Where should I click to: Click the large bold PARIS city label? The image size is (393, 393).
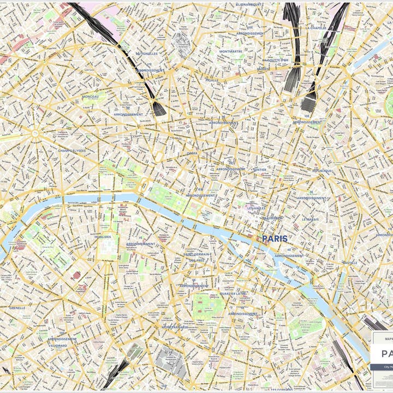pos(275,239)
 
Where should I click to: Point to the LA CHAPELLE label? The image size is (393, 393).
pos(316,27)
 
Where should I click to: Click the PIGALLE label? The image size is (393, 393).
pos(212,80)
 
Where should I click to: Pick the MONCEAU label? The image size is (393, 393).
pos(91,97)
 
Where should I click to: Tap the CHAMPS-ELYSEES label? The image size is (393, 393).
pos(72,150)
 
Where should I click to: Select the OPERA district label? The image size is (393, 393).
pos(193,153)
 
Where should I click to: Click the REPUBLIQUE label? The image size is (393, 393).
pos(322,170)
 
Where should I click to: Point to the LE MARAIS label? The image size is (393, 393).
pos(311,219)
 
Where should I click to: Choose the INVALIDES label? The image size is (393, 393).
pos(103,237)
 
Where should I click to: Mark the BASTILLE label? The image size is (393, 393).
pos(350,263)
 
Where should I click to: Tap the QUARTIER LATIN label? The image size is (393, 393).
pos(233,294)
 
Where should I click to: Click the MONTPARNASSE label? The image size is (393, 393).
pos(175,327)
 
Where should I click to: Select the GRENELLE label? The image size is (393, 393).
pos(17,308)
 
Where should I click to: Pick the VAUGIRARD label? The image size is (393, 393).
pos(57,346)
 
